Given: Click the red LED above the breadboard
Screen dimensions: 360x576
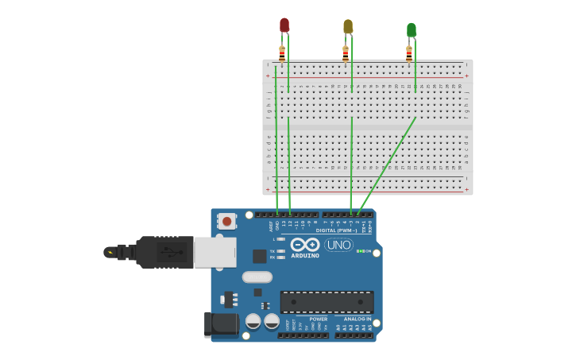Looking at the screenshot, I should (284, 25).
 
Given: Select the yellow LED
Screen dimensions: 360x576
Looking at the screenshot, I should (348, 27).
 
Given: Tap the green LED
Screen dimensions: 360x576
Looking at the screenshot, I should (411, 30).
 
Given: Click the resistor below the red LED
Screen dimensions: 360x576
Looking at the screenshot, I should (282, 53).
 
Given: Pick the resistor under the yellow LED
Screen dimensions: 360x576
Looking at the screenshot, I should (346, 53).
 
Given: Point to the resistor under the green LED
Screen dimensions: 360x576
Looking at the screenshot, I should (409, 53).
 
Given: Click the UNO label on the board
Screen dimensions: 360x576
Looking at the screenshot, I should (339, 245).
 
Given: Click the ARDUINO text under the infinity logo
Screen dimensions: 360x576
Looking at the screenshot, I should (305, 256).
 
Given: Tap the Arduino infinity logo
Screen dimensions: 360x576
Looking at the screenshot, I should (305, 245).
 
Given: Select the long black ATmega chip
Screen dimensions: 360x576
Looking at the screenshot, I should (327, 302).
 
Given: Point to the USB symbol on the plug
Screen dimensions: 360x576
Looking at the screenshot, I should (169, 253).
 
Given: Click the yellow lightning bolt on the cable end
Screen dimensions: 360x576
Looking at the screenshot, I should (110, 253).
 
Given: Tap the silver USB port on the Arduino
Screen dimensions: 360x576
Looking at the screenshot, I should (215, 252).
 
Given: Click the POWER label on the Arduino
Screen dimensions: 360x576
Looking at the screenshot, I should (319, 319).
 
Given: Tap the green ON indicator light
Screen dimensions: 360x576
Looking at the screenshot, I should (359, 251).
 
